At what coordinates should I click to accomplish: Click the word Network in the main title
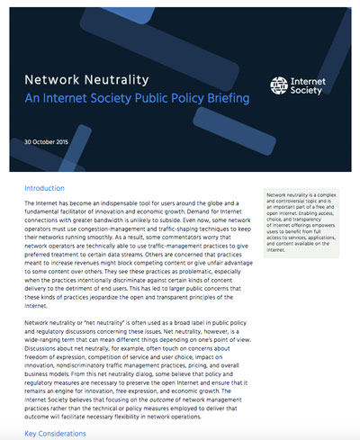click(x=54, y=79)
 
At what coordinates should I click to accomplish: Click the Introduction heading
click(x=45, y=190)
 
